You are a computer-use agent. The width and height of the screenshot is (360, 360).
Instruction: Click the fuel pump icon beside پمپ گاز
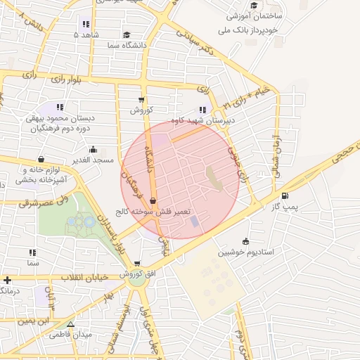pos(284,196)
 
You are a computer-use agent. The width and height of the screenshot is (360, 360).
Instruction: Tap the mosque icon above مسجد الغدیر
pos(93,149)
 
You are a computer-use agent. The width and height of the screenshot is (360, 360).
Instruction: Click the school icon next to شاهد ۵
pos(77,34)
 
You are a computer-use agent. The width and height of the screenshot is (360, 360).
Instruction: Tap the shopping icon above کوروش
pos(141,99)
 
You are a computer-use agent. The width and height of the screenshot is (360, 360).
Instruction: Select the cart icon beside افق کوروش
pos(137,264)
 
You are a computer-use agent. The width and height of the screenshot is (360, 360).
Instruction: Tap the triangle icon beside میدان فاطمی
pos(70,324)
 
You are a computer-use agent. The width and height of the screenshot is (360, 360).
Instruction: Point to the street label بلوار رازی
pos(65,79)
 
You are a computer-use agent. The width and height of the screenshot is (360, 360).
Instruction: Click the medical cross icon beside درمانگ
pos(7,280)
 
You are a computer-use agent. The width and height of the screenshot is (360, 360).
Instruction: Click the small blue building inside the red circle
pos(194,221)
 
